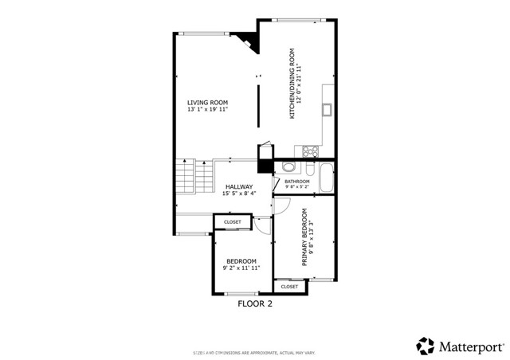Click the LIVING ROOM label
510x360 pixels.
tap(208, 102)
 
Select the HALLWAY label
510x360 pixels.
tap(239, 186)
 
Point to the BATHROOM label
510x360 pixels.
tap(296, 182)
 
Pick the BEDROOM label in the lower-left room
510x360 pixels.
tap(241, 261)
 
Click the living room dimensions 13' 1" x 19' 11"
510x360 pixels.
tap(208, 110)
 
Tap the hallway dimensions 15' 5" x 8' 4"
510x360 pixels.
tap(239, 194)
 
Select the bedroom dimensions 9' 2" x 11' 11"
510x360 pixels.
tap(241, 269)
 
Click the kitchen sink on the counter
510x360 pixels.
tap(327, 109)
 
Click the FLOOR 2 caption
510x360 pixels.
tap(256, 303)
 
